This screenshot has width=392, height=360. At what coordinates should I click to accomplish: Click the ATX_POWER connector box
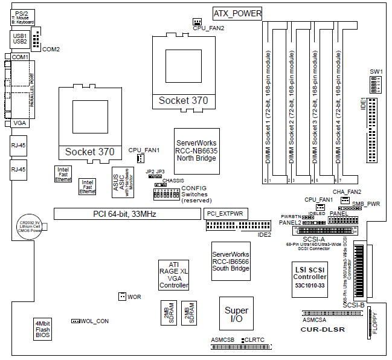tap(238, 13)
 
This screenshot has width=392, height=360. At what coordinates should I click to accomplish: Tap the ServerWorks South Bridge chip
tap(231, 261)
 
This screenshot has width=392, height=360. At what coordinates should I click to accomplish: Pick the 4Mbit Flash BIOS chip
tap(42, 329)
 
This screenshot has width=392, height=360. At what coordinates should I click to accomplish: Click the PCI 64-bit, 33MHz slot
tap(124, 213)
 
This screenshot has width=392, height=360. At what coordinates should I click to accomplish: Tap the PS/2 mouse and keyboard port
tap(22, 16)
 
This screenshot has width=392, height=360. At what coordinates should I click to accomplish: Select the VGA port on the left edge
tap(19, 123)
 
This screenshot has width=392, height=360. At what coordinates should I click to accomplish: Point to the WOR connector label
tap(135, 297)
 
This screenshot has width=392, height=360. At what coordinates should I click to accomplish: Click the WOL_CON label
tap(95, 321)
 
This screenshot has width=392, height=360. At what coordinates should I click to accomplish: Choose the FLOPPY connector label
tap(374, 324)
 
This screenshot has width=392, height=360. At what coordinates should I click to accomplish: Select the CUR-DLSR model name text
tap(323, 330)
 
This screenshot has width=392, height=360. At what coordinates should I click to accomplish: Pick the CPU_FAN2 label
tap(208, 28)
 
